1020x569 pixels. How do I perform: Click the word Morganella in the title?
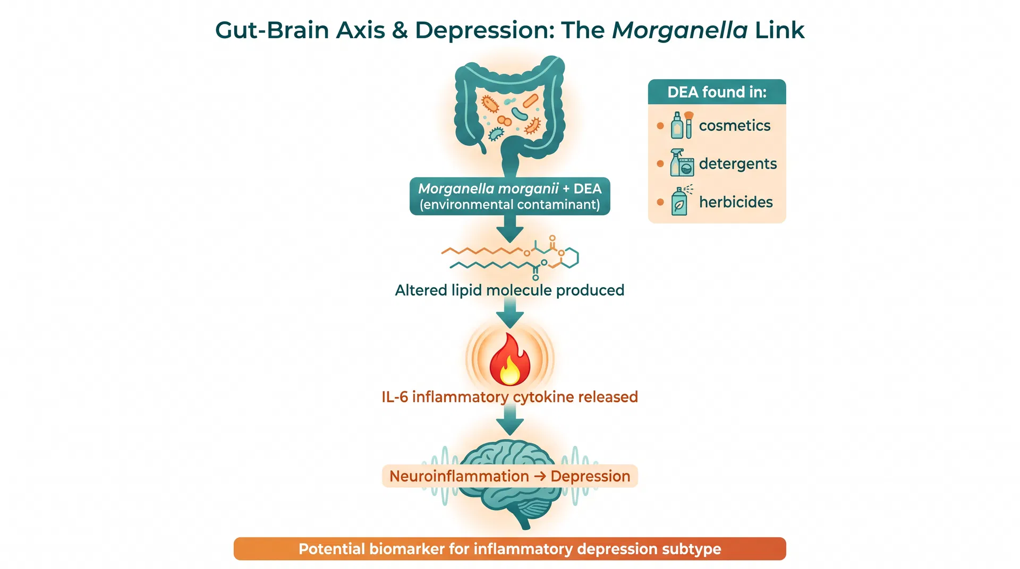pyautogui.click(x=679, y=30)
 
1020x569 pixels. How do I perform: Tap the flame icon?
pyautogui.click(x=509, y=360)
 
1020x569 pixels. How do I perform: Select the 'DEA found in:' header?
pyautogui.click(x=717, y=92)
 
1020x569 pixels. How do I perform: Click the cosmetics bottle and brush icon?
pyautogui.click(x=682, y=125)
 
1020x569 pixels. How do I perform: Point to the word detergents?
pyautogui.click(x=737, y=164)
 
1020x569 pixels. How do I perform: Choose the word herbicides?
pyautogui.click(x=735, y=202)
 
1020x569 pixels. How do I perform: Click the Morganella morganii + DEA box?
pyautogui.click(x=509, y=196)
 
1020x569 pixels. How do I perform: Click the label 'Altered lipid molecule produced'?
pyautogui.click(x=509, y=290)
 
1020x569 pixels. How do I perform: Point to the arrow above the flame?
pyautogui.click(x=509, y=314)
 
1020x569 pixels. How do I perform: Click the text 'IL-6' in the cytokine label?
pyautogui.click(x=394, y=397)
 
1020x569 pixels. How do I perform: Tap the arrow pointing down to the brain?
pyautogui.click(x=509, y=422)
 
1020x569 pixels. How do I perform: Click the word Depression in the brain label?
pyautogui.click(x=590, y=476)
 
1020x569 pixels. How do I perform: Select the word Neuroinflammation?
pyautogui.click(x=459, y=476)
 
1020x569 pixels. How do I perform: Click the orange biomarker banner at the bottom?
pyautogui.click(x=509, y=549)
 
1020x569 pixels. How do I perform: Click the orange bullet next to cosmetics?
pyautogui.click(x=660, y=126)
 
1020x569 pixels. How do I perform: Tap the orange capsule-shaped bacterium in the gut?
pyautogui.click(x=530, y=101)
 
